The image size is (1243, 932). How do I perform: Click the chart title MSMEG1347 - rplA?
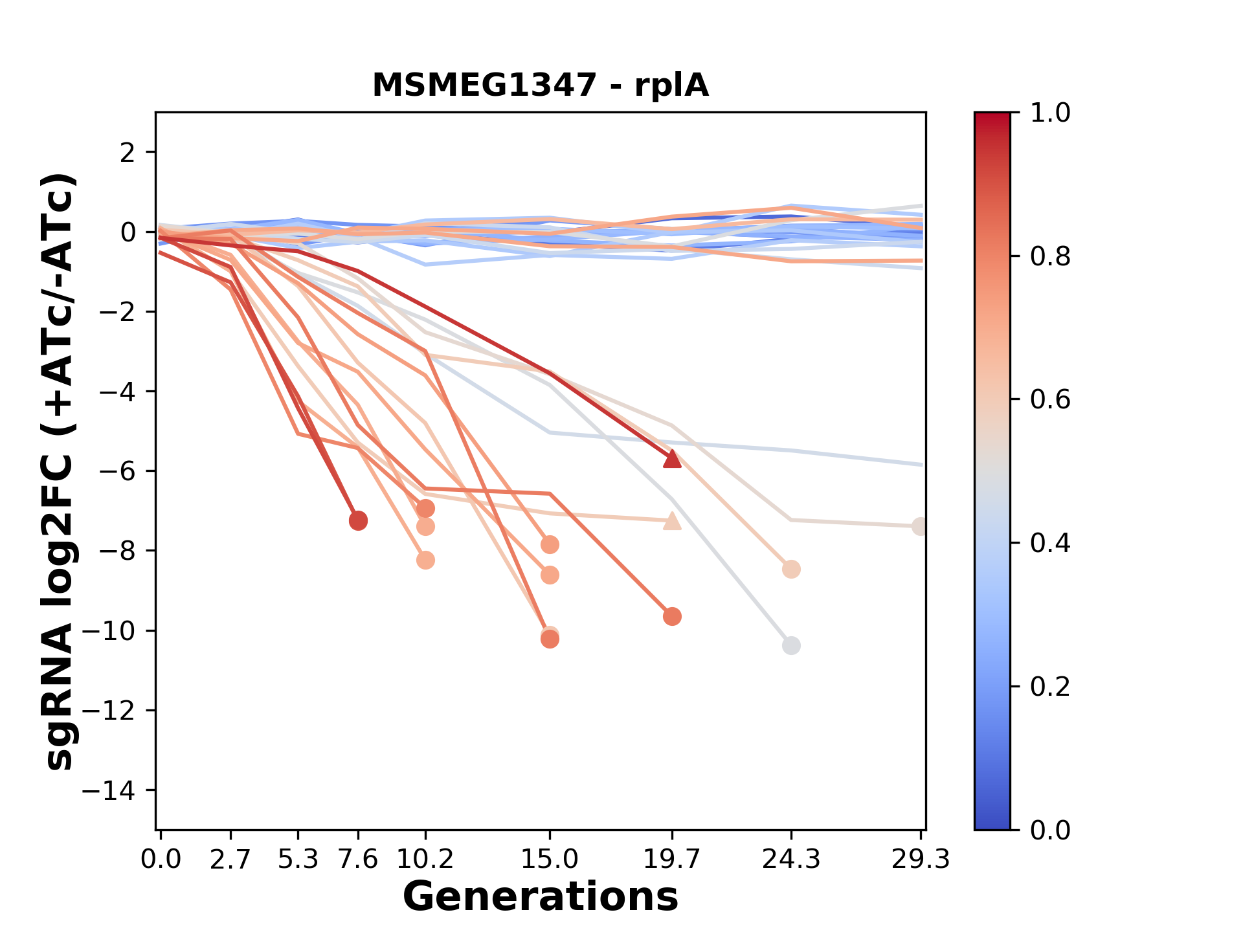(x=540, y=85)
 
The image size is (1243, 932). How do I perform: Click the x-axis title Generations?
(x=540, y=897)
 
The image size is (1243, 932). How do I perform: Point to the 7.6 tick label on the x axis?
(x=358, y=860)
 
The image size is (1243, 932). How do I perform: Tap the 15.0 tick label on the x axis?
(x=550, y=860)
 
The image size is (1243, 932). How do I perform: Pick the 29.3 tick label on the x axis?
(x=920, y=860)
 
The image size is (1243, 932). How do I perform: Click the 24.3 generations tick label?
(x=790, y=860)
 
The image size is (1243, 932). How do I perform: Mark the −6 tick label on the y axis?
(x=117, y=471)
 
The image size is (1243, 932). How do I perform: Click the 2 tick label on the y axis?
(x=128, y=152)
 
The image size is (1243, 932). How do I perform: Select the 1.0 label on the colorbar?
(x=1050, y=113)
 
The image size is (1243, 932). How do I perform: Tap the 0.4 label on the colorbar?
(x=1050, y=543)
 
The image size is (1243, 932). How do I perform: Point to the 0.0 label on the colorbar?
(x=1050, y=830)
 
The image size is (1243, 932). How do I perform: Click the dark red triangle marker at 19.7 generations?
(x=672, y=459)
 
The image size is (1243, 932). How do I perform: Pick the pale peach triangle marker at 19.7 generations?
(x=672, y=521)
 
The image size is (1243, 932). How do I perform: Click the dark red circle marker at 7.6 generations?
(x=358, y=520)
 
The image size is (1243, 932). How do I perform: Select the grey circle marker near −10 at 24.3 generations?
(x=790, y=645)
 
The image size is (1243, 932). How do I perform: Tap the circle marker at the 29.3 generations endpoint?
(x=919, y=526)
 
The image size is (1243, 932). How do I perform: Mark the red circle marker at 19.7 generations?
(x=672, y=616)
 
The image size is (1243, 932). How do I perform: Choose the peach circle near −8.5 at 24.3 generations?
(x=790, y=570)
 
